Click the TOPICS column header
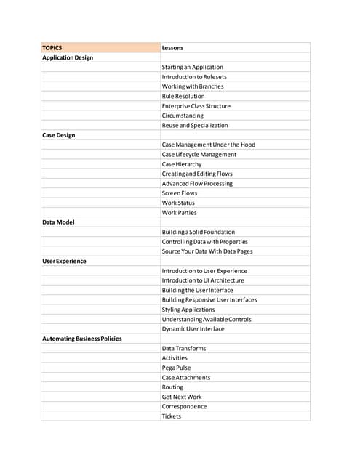[52, 48]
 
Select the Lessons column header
[172, 48]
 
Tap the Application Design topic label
[68, 57]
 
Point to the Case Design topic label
[59, 135]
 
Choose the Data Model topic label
[58, 222]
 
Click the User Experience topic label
[65, 261]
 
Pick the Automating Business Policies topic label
[82, 339]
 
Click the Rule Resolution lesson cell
[183, 96]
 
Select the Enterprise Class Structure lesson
[196, 106]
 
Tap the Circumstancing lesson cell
[183, 116]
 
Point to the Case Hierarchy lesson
[182, 164]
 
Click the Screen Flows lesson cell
[180, 193]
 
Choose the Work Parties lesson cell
[179, 213]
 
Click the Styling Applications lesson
[188, 310]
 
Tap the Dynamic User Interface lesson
[193, 329]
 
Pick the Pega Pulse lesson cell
[177, 368]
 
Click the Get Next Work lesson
[182, 397]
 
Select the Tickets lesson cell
[172, 416]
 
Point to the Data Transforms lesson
[184, 348]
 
